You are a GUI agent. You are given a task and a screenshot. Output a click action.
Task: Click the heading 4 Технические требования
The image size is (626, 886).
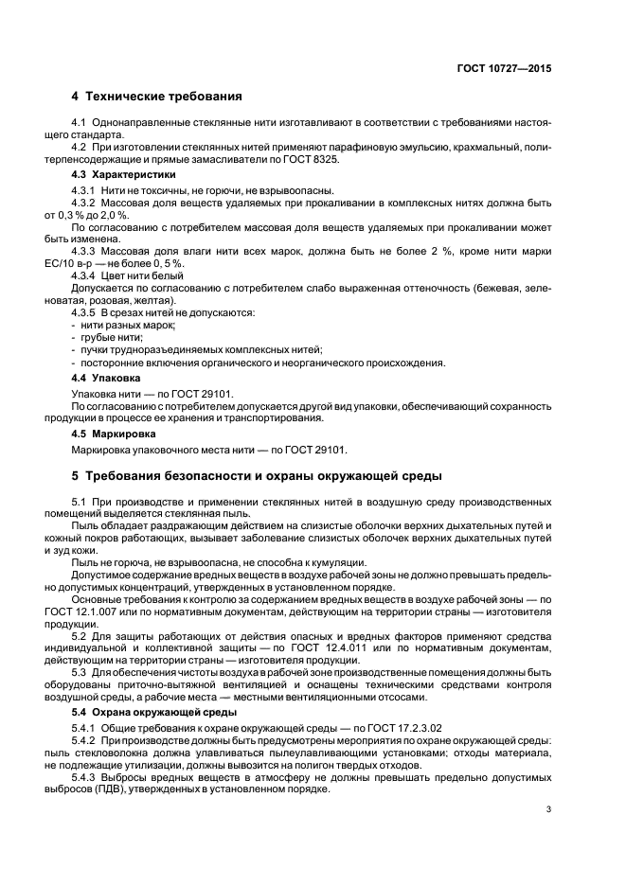[x=157, y=96]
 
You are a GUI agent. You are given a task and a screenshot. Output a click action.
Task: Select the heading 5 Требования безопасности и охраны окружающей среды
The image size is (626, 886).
[x=256, y=475]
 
